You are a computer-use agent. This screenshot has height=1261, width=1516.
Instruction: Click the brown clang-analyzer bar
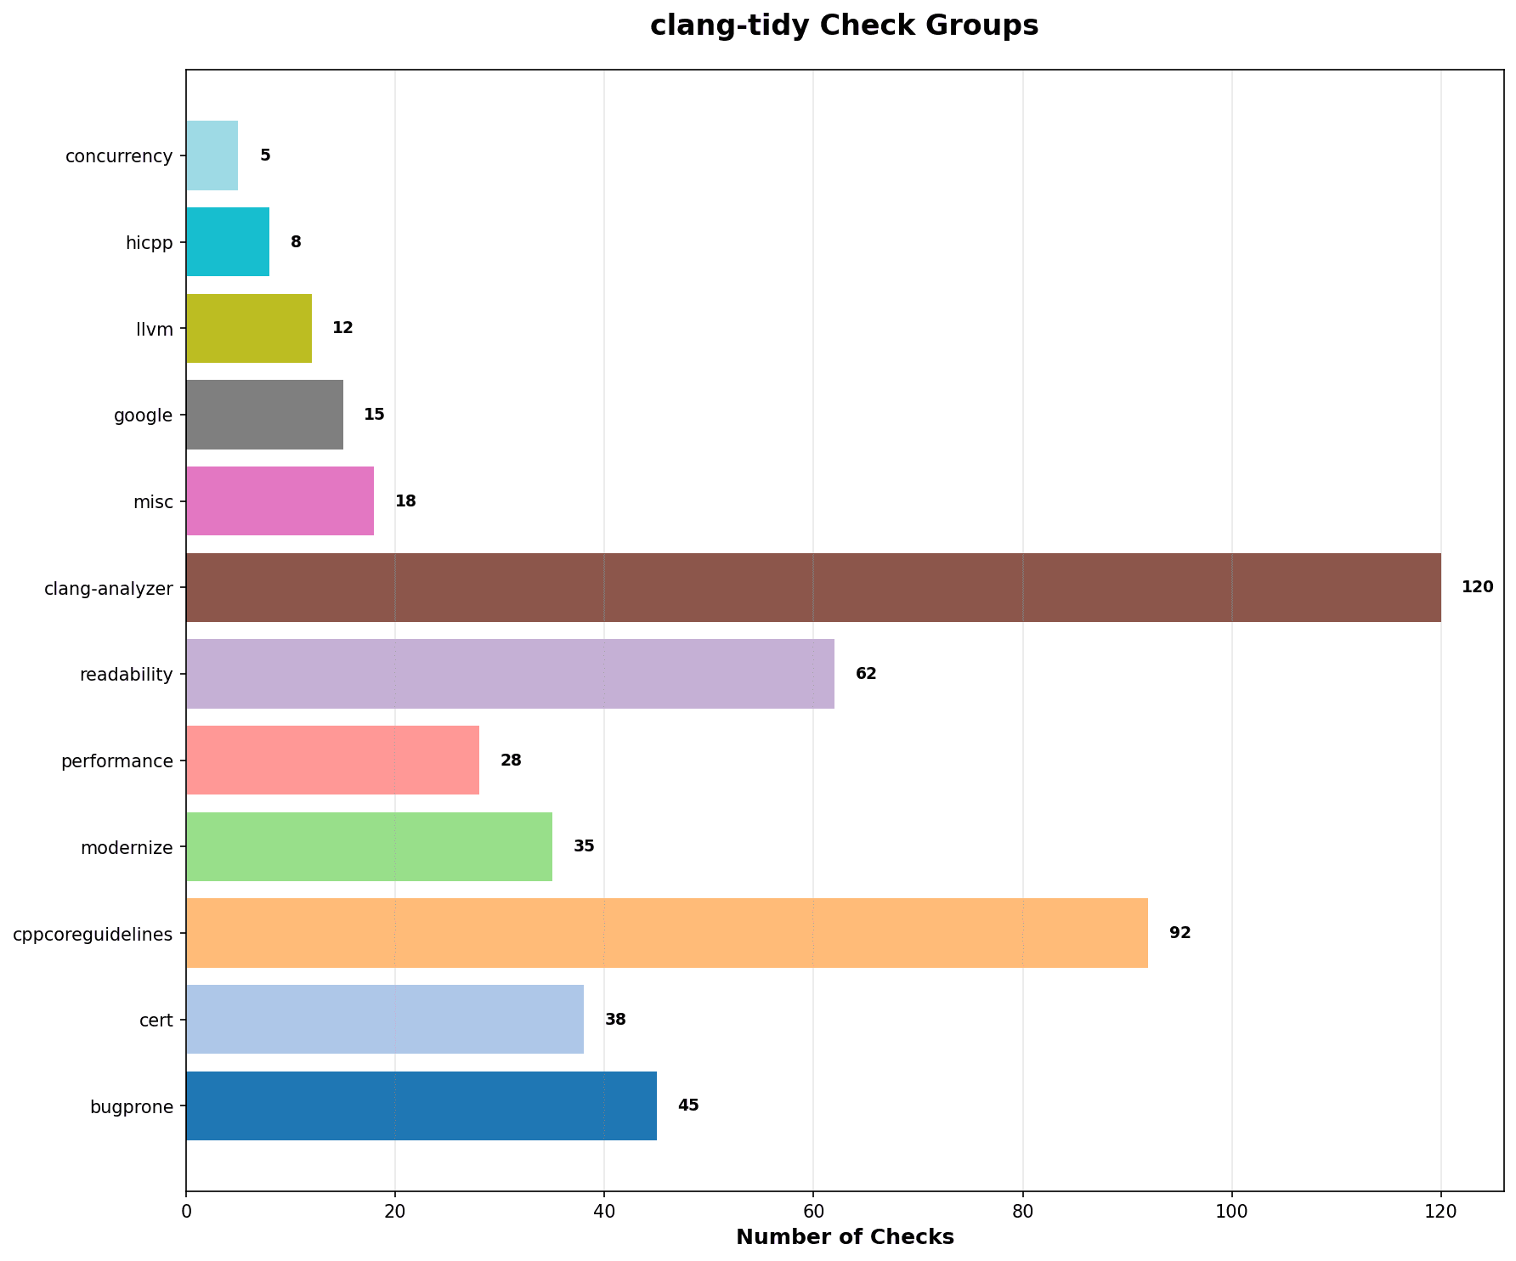pos(813,587)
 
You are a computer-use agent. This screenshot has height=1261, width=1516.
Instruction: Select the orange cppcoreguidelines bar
pos(667,933)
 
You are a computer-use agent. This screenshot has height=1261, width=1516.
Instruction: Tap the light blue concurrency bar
pos(212,156)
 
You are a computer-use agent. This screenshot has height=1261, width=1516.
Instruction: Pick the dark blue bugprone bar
pos(421,1105)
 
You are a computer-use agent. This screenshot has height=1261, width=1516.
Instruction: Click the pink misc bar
pos(280,501)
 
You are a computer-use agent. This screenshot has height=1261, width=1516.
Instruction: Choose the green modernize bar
pos(369,846)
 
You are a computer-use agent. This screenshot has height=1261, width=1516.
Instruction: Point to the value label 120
pos(1477,587)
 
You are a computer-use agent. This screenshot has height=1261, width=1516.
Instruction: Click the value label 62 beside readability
pos(866,674)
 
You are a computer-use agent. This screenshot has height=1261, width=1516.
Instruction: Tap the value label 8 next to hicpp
pos(296,242)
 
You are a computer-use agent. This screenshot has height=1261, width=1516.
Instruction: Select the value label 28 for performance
pos(511,761)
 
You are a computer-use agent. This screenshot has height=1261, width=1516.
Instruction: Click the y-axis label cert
pos(157,1020)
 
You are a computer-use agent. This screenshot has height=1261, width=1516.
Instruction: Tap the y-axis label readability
pos(126,675)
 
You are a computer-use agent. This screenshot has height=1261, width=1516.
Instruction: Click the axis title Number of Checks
pos(845,1237)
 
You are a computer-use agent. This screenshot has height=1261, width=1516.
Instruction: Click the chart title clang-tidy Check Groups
pos(844,26)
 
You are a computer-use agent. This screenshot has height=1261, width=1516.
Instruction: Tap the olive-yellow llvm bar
pos(249,329)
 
